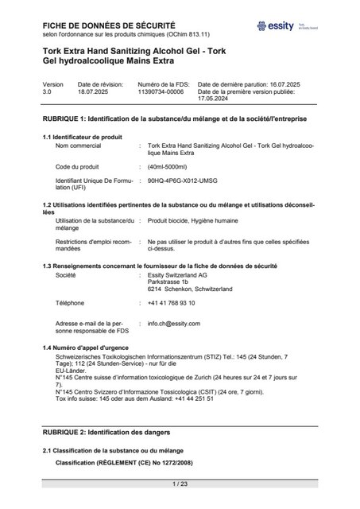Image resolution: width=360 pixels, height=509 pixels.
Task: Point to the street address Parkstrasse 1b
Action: click(x=168, y=282)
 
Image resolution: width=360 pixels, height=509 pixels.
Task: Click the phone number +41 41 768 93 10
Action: click(x=171, y=303)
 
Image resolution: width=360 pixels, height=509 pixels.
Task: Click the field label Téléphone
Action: click(x=70, y=303)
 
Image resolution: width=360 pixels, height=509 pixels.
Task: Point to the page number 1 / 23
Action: click(x=180, y=484)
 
